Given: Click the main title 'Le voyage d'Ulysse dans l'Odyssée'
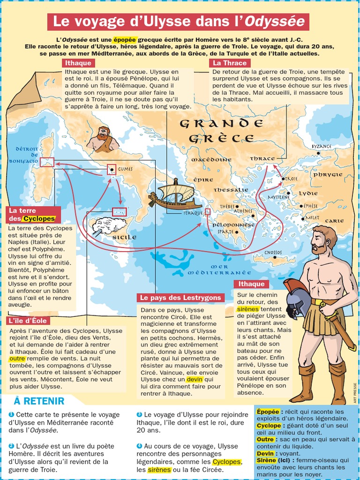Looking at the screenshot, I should pos(178,22).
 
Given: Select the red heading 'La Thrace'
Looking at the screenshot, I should pos(230,63).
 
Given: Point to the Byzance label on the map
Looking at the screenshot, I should pos(322,146).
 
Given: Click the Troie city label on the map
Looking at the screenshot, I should pos(291,179).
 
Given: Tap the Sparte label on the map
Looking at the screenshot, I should pos(225,231).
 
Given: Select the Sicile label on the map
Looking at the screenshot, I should pos(124,237).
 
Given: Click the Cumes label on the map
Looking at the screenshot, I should pos(125,169).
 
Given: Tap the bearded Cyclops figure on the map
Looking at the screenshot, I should pos(103,139).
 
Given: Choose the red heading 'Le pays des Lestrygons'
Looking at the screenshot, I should pos(181,298).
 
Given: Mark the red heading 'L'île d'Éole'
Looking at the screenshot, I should pos(28,321).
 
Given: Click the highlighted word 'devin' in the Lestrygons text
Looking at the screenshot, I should pos(194,379).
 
